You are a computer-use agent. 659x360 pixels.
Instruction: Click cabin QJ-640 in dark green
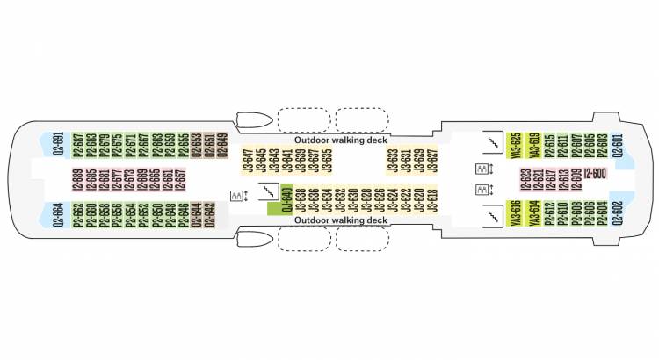(x=286, y=201)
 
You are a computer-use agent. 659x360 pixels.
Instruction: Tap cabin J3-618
(x=431, y=201)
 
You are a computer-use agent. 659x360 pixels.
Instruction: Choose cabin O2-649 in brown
(x=222, y=144)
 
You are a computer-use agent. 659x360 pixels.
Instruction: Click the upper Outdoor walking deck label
(x=341, y=140)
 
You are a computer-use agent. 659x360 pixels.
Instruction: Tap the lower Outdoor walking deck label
(x=341, y=220)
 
